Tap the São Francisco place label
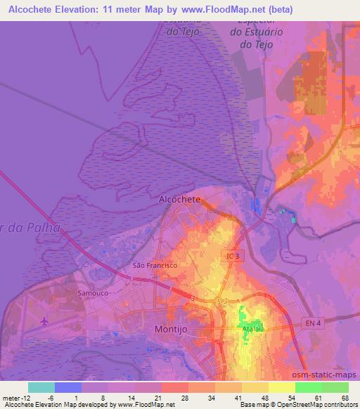tap(155, 266)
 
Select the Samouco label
tap(90, 292)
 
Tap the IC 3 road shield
tap(232, 258)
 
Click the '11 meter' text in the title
tap(136, 9)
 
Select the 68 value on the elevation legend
tap(345, 397)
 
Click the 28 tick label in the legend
tap(184, 397)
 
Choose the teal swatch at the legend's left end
tap(41, 387)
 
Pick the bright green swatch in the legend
tap(308, 387)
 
